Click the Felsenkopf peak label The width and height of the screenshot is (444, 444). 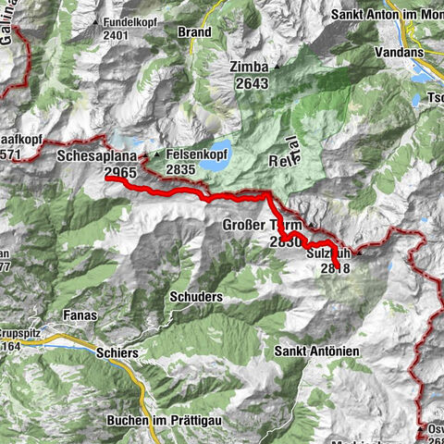pos(198,156)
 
